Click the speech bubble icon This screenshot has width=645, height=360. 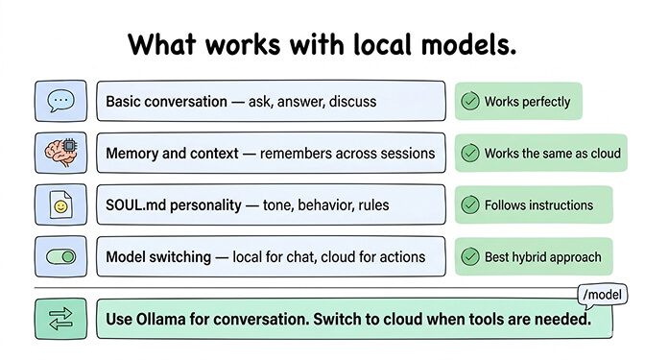tap(61, 101)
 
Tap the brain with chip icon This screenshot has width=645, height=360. tap(61, 153)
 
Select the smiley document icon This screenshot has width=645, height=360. tap(61, 204)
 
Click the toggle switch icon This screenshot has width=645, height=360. tap(61, 256)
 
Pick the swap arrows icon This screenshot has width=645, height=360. tap(61, 319)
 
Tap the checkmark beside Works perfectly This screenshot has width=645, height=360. tap(470, 101)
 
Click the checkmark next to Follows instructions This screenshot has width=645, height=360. tap(470, 204)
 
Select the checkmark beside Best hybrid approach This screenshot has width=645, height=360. tap(470, 256)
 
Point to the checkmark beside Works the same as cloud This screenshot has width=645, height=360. tap(470, 153)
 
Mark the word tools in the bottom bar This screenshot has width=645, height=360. tap(487, 319)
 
